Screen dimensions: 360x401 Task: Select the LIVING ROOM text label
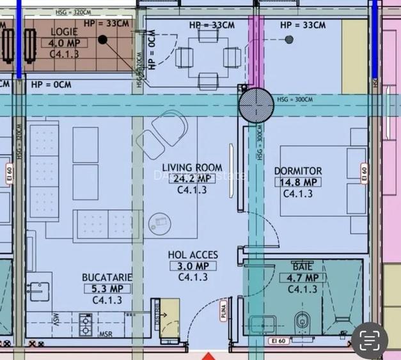tap(191, 168)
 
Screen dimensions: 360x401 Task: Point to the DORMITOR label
tap(297, 171)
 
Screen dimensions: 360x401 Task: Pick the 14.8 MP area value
tap(297, 182)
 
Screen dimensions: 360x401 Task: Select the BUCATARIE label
tap(107, 278)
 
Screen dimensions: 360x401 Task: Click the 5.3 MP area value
tap(107, 288)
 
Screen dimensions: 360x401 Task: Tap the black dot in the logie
tap(102, 40)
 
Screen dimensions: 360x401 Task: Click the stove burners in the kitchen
tap(85, 325)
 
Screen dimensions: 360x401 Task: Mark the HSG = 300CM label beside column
tap(295, 99)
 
